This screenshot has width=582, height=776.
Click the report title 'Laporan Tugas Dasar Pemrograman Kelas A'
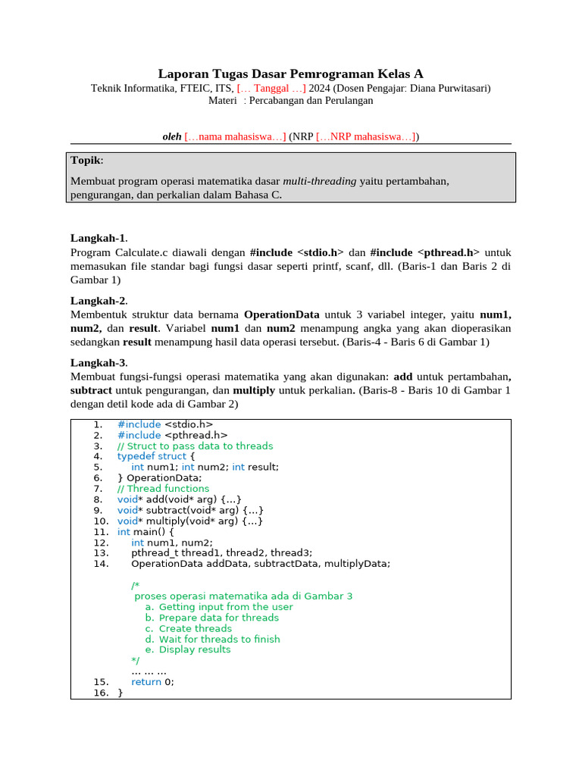pyautogui.click(x=290, y=74)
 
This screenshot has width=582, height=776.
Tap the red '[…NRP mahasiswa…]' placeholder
pyautogui.click(x=366, y=136)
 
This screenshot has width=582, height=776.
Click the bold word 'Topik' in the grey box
pyautogui.click(x=86, y=161)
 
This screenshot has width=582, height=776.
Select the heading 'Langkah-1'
pyautogui.click(x=99, y=237)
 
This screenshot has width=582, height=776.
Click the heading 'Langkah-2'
pyautogui.click(x=99, y=300)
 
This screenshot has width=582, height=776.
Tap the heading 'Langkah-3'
pyautogui.click(x=99, y=363)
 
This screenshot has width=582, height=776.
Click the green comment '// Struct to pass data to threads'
pyautogui.click(x=195, y=446)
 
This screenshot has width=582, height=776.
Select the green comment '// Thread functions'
pyautogui.click(x=163, y=489)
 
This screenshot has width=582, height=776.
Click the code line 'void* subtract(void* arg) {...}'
pyautogui.click(x=190, y=510)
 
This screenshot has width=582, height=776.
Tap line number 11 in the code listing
pyautogui.click(x=102, y=531)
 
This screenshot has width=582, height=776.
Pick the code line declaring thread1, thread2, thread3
pyautogui.click(x=221, y=552)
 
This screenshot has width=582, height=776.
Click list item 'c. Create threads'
pyautogui.click(x=189, y=628)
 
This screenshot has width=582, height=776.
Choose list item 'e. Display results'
pyautogui.click(x=188, y=649)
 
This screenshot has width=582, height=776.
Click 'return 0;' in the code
pyautogui.click(x=152, y=681)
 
